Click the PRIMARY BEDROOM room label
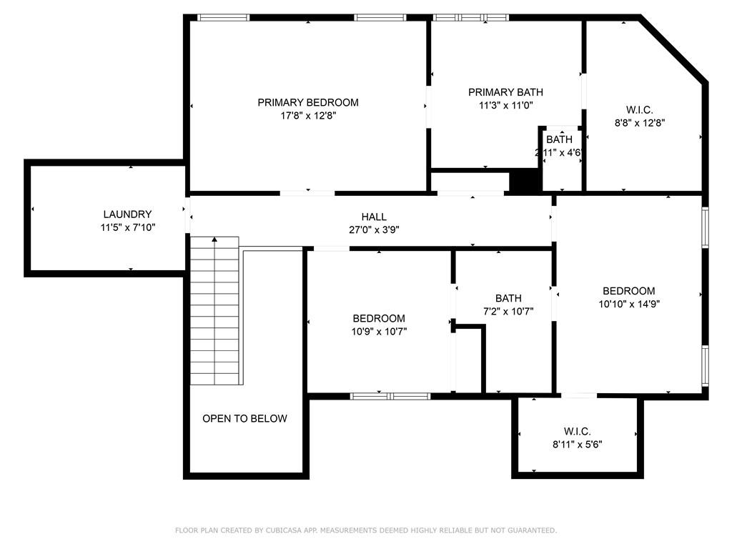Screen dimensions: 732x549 (x=308, y=102)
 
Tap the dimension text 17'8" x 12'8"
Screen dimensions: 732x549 (x=308, y=115)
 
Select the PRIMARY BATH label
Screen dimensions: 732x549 (x=505, y=92)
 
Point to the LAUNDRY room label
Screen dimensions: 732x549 (x=127, y=214)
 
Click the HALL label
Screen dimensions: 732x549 (x=374, y=217)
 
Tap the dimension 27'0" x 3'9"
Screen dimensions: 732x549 (x=374, y=229)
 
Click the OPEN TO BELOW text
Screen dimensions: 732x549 (x=244, y=418)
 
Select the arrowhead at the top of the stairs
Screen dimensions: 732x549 (x=214, y=239)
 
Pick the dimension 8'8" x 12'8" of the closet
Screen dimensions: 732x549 (x=640, y=123)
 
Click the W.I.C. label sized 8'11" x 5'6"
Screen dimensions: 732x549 (x=578, y=431)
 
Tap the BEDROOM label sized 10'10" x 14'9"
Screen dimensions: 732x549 (x=629, y=291)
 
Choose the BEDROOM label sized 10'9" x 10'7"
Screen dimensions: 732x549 (x=379, y=318)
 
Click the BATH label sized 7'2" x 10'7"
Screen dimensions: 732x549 (x=508, y=298)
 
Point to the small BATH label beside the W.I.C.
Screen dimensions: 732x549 (x=559, y=139)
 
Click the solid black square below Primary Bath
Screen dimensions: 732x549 (x=525, y=181)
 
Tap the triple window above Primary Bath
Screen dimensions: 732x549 (x=470, y=18)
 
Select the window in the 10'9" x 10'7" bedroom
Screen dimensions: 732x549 (x=390, y=396)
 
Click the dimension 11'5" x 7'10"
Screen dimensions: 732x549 (x=127, y=227)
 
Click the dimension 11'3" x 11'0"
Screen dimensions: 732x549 (x=506, y=105)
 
